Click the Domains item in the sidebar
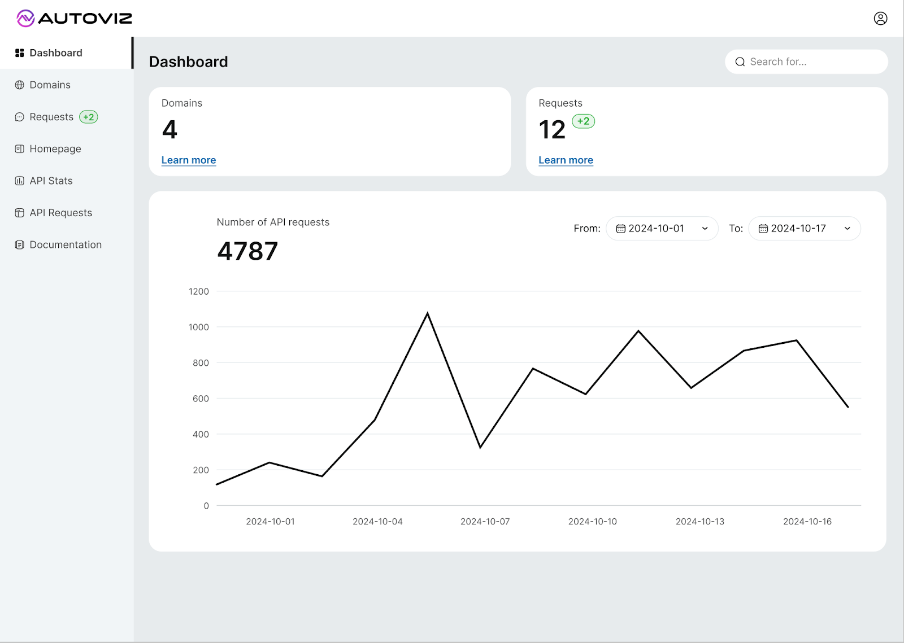click(50, 85)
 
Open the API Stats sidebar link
click(51, 181)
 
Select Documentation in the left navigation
click(65, 244)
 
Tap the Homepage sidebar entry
click(55, 149)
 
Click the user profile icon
click(880, 19)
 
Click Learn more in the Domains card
click(189, 160)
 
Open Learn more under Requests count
click(566, 160)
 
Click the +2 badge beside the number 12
click(583, 121)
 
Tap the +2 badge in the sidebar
click(89, 117)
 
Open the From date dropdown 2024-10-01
click(662, 229)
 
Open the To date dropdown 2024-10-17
click(804, 229)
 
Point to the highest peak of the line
click(427, 313)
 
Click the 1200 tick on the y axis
click(199, 291)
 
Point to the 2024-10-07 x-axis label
click(485, 522)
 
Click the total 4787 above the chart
click(247, 251)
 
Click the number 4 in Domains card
click(169, 130)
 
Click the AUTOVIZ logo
click(74, 19)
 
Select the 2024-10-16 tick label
click(807, 522)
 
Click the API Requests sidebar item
click(60, 213)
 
